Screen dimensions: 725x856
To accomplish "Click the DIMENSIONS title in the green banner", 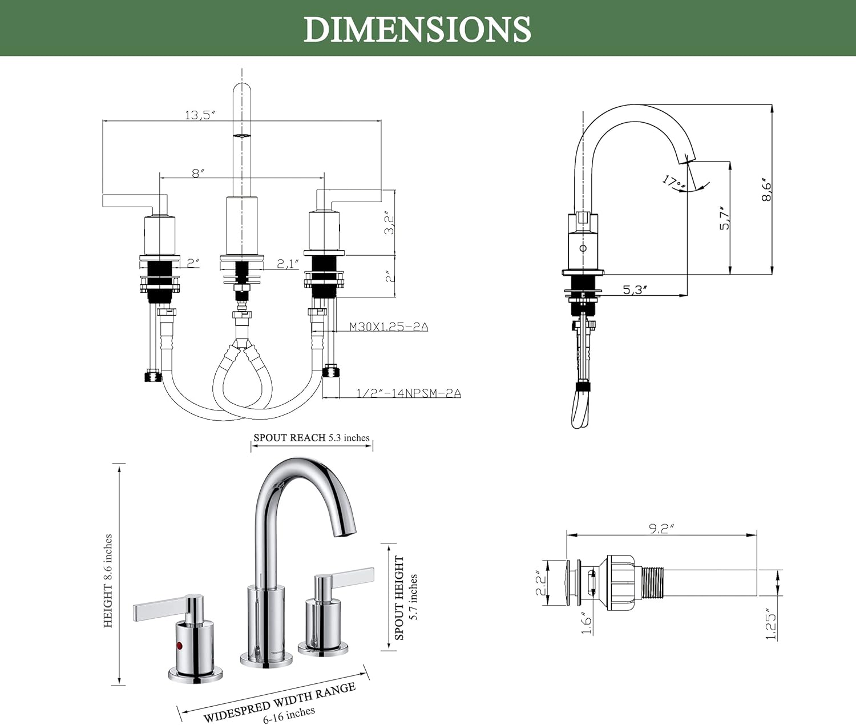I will [417, 29].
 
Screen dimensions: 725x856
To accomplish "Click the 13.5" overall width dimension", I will [200, 115].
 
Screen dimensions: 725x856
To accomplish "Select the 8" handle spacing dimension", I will [198, 173].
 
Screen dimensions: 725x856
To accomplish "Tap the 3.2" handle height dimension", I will [390, 223].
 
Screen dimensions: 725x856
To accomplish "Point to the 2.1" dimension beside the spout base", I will [288, 264].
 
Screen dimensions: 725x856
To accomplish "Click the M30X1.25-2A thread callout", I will [389, 327].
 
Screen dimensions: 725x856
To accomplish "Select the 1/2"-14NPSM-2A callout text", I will [409, 393].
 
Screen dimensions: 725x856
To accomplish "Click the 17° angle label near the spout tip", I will [674, 183].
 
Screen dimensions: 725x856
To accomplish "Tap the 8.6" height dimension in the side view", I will [766, 190].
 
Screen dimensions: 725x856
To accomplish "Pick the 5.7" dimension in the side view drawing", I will [724, 218].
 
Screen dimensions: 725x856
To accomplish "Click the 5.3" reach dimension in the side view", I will [635, 289].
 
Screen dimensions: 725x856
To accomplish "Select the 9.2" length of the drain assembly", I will [661, 529].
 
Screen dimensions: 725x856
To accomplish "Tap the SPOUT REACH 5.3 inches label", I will [312, 438].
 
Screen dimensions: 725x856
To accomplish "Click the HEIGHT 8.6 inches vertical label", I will [108, 581].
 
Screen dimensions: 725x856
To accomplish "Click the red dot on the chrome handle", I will [180, 646].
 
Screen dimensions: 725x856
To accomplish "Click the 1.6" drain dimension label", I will [586, 622].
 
